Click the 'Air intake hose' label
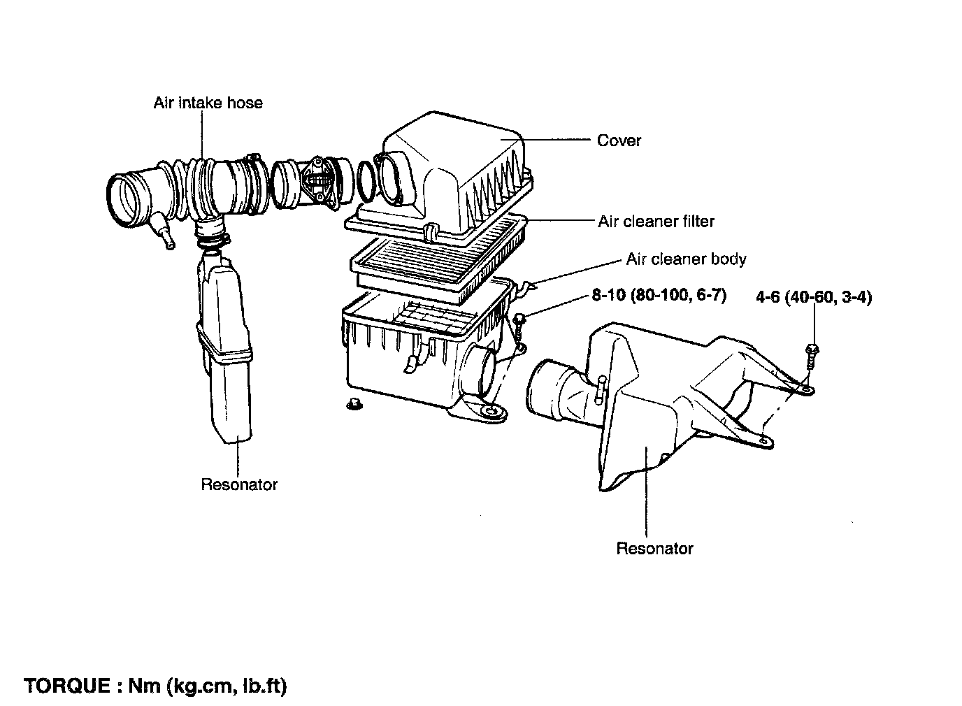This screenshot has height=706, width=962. click(208, 103)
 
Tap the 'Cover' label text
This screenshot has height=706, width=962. click(619, 141)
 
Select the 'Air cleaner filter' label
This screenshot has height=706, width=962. click(656, 222)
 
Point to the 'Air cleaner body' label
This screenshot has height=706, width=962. click(686, 259)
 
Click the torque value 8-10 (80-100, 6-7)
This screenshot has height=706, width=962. click(659, 296)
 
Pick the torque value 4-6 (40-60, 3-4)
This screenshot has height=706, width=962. click(814, 297)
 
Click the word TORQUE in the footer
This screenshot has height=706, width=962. click(65, 685)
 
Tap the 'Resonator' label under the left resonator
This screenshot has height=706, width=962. click(239, 484)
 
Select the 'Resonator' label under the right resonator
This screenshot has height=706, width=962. click(654, 549)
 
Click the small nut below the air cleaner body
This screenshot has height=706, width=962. click(355, 404)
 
